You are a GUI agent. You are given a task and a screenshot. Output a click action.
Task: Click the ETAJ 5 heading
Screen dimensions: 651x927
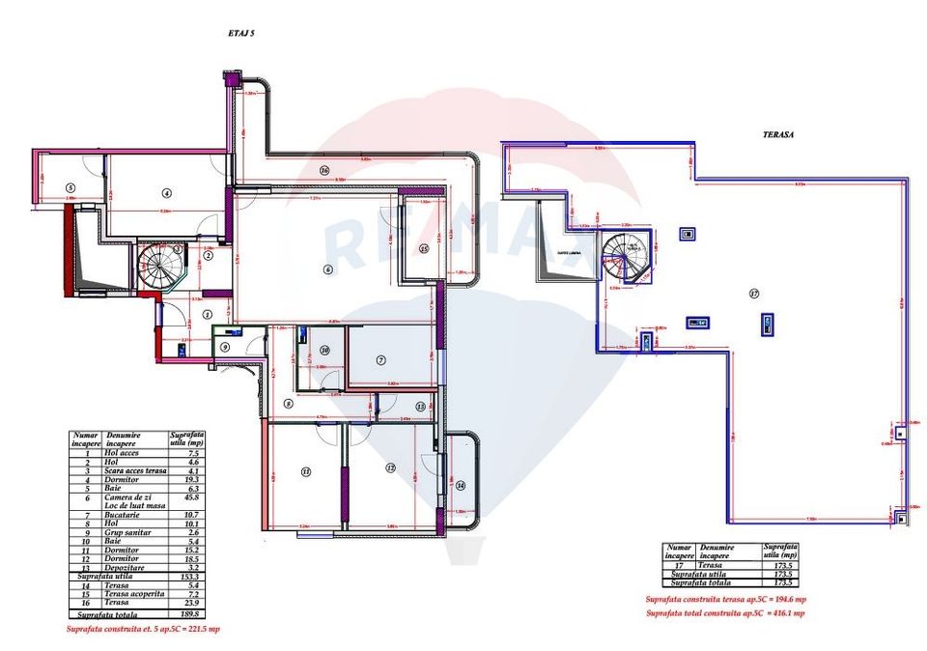point(240,33)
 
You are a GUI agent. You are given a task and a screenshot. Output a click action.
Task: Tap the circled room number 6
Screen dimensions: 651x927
point(328,269)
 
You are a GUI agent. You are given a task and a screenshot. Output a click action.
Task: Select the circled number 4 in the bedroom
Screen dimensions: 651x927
point(166,192)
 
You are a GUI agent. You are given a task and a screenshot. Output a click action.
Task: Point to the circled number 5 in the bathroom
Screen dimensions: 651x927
point(70,187)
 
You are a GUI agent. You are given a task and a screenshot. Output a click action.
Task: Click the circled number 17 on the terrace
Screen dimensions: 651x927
point(752,293)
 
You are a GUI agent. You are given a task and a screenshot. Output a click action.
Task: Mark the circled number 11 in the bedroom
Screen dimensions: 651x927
point(306,471)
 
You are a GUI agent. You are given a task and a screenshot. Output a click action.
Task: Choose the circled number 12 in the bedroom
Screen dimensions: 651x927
point(390,467)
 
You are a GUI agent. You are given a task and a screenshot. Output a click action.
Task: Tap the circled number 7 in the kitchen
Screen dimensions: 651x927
point(381,359)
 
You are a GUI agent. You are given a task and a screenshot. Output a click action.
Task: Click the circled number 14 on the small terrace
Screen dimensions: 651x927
point(461,485)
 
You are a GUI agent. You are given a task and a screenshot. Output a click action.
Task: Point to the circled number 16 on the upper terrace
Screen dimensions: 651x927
point(324,170)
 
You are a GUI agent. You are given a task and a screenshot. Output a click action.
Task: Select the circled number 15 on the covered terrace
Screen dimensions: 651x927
point(424,248)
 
